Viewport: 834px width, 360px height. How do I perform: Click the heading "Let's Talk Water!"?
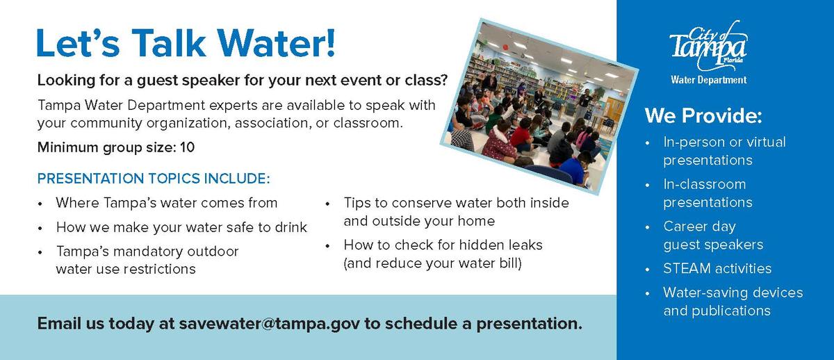pyautogui.click(x=186, y=42)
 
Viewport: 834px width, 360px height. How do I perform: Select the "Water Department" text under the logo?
pyautogui.click(x=708, y=80)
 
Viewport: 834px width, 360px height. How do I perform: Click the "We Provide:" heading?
pyautogui.click(x=703, y=115)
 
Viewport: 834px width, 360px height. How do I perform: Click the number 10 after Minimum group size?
pyautogui.click(x=187, y=147)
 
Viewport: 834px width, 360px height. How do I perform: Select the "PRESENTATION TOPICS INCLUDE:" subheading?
pyautogui.click(x=153, y=179)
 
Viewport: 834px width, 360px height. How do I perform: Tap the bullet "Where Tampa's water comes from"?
pyautogui.click(x=167, y=203)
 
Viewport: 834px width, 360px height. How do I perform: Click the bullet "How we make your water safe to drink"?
pyautogui.click(x=181, y=227)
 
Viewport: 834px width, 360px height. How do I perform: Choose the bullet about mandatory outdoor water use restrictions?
pyautogui.click(x=147, y=260)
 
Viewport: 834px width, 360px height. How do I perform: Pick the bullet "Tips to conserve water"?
pyautogui.click(x=455, y=212)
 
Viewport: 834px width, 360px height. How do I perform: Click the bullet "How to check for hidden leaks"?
pyautogui.click(x=443, y=245)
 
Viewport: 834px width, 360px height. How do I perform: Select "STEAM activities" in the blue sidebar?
pyautogui.click(x=717, y=268)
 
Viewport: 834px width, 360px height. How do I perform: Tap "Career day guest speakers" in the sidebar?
pyautogui.click(x=713, y=236)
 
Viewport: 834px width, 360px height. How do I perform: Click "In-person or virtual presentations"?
pyautogui.click(x=723, y=151)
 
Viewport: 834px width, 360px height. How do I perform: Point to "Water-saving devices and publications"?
pyautogui.click(x=733, y=302)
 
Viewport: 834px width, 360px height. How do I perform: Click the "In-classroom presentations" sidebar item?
pyautogui.click(x=708, y=193)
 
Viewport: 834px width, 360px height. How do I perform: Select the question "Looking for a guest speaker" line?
pyautogui.click(x=242, y=79)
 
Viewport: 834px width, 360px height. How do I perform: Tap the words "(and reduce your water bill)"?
pyautogui.click(x=432, y=263)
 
